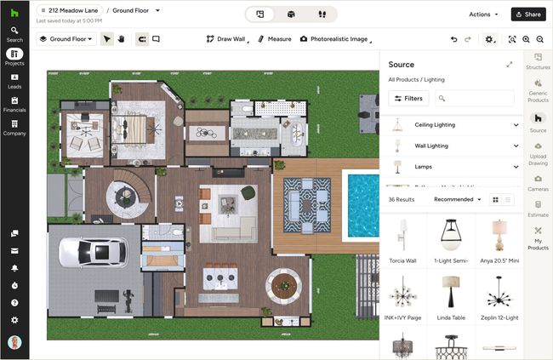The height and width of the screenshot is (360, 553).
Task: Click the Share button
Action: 527,14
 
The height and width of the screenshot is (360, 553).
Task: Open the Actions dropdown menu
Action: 483,14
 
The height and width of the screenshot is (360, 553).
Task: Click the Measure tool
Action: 273,39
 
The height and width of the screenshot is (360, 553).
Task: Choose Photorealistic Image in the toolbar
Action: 334,39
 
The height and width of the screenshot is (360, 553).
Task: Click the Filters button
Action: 408,99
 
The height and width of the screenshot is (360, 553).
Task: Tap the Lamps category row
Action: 451,167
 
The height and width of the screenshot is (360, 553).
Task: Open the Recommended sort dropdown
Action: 458,199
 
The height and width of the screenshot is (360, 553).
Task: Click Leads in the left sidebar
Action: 14,81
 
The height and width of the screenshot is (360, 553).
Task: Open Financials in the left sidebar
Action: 14,104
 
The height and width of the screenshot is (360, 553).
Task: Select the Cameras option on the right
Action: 538,182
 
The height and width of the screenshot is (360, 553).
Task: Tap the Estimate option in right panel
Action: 538,209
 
